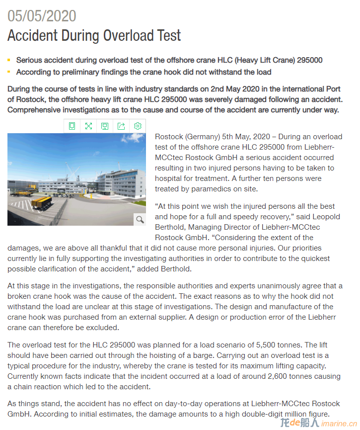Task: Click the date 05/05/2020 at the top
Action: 42,16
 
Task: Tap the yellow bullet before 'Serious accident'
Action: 9,60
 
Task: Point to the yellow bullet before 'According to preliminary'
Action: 9,72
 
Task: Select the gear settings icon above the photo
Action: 138,126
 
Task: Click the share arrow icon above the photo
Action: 121,126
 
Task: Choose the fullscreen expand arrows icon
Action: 88,126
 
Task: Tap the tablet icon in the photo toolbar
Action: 72,126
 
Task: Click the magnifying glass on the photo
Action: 140,219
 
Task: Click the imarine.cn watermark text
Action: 339,423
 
